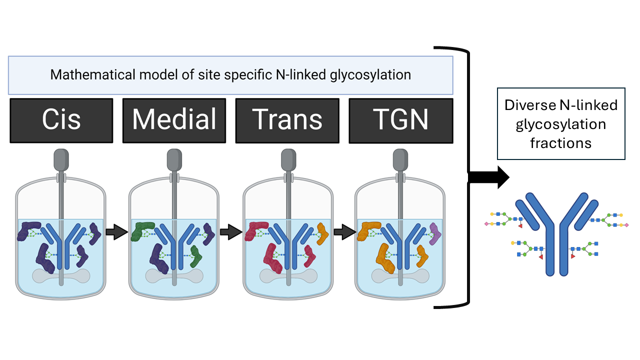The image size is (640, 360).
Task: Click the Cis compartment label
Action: (61, 120)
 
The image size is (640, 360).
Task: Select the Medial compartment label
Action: (174, 120)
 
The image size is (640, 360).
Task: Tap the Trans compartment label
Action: (287, 120)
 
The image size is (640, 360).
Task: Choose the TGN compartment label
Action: (400, 120)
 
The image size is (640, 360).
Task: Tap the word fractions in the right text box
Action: (560, 143)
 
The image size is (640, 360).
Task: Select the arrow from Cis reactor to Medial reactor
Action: (117, 231)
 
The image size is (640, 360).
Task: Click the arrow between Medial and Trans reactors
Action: (230, 231)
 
